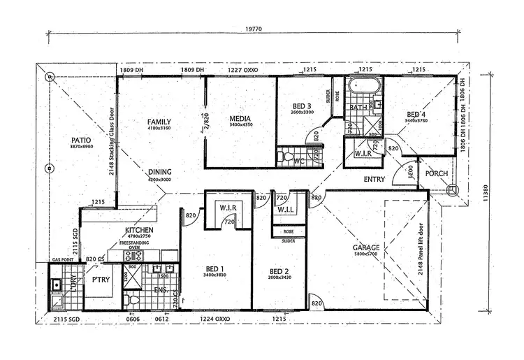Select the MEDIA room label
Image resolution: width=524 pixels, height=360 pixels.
point(240,118)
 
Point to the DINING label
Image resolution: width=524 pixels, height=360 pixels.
point(160,172)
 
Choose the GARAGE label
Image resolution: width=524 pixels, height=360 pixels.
point(366,247)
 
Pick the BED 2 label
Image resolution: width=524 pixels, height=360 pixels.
point(279,271)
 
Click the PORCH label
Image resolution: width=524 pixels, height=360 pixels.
point(436,173)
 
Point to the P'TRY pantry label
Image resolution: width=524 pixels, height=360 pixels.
point(99,280)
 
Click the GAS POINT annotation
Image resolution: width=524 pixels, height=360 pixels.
point(64,258)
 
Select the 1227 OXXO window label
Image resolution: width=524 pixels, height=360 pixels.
point(240,71)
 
